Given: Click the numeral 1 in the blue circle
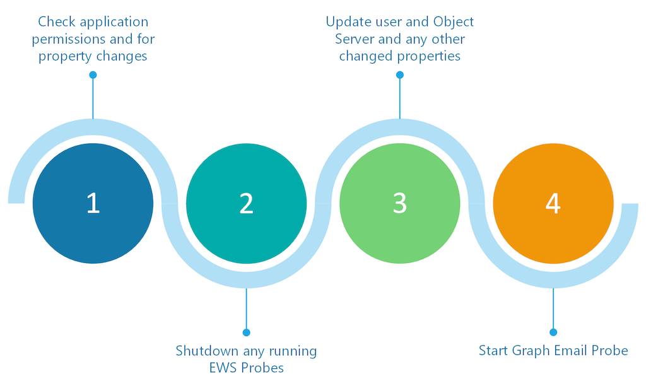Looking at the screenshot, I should tap(93, 203).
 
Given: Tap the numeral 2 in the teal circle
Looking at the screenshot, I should tap(246, 203).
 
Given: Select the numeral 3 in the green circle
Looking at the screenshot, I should tap(399, 203).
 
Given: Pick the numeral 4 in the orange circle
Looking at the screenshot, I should tap(553, 203).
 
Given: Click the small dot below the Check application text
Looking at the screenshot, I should tap(93, 75).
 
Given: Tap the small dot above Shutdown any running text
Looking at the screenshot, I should tap(246, 332).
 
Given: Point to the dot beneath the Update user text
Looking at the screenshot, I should tap(399, 75).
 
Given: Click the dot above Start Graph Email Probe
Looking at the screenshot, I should tap(553, 332).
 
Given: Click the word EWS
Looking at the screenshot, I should tap(223, 368).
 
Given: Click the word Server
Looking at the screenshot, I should tap(355, 39).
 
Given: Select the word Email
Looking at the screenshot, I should tap(570, 351).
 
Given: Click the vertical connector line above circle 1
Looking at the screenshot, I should tap(93, 98).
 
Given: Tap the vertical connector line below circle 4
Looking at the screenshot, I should tap(553, 309).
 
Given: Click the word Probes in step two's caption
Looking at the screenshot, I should tap(262, 368).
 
